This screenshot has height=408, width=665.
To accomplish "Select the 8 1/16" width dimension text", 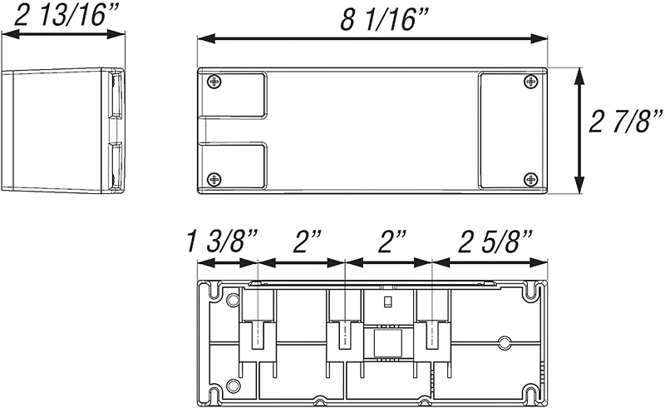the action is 385,19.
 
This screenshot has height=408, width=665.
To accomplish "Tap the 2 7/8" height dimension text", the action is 626,121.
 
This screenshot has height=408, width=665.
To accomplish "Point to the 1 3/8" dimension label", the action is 222,241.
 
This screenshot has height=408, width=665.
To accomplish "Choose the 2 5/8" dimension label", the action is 495,241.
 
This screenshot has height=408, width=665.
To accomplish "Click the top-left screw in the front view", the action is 215,81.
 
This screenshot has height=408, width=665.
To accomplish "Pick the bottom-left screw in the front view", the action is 215,179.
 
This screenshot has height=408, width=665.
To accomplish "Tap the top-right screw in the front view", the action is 530,81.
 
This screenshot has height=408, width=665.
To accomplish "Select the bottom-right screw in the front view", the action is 530,179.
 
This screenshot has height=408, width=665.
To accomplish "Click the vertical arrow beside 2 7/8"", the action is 579,130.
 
